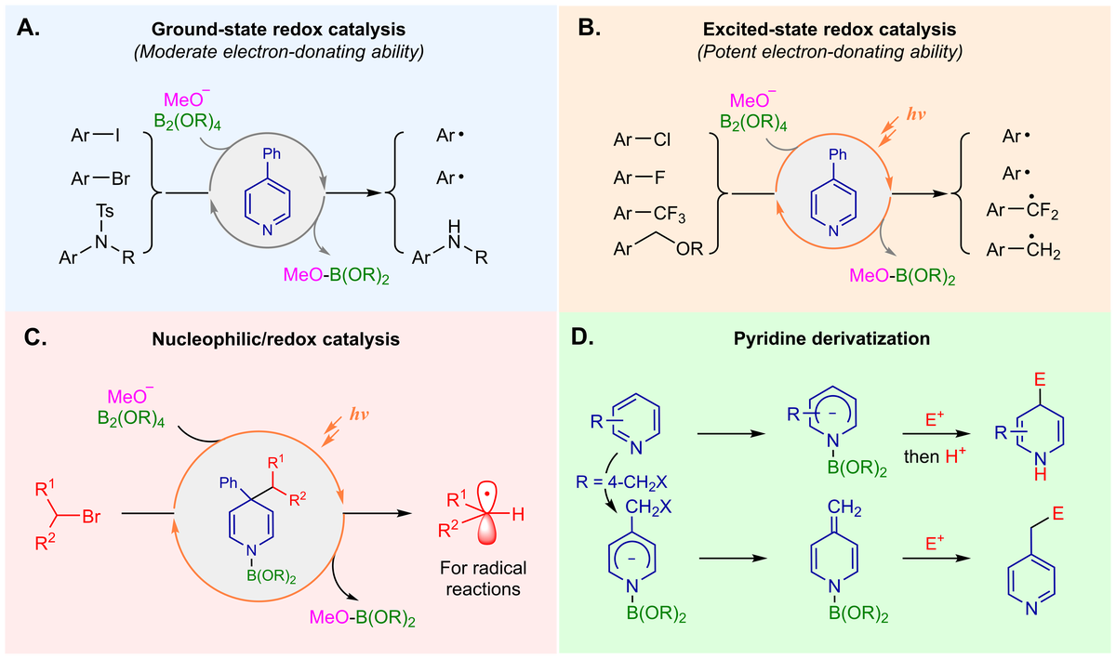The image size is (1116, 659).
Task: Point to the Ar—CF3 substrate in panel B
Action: pos(648,213)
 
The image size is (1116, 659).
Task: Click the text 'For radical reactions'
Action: pos(481,579)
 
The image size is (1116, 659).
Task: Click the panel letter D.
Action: pos(581,339)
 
